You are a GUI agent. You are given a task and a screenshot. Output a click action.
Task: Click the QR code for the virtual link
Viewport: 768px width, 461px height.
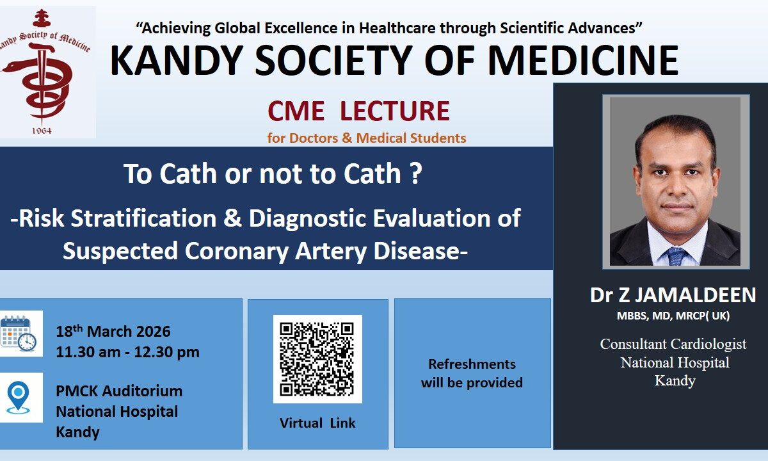tap(317, 359)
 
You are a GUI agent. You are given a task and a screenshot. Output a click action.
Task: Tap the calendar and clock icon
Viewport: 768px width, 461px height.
tap(19, 334)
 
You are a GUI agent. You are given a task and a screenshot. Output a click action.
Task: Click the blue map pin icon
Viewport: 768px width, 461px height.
tap(18, 397)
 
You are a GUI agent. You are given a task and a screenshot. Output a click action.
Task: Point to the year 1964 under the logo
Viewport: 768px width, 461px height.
tap(42, 131)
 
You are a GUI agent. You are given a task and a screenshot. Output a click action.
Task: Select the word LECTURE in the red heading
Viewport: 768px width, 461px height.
tap(395, 111)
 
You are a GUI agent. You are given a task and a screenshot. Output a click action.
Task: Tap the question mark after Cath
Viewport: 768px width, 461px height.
tap(415, 174)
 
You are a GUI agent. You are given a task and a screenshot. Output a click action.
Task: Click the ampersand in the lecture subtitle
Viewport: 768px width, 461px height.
tap(232, 218)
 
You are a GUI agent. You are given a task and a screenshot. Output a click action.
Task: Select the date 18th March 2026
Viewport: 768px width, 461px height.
tap(113, 331)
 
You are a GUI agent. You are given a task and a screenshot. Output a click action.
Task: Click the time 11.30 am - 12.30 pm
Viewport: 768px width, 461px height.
tap(127, 352)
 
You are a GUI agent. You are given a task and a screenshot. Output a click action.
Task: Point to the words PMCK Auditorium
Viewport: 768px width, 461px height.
tap(119, 391)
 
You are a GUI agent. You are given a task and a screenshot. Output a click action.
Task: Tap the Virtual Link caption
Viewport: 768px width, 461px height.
tap(317, 423)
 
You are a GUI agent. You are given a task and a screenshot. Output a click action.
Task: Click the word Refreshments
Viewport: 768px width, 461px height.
tap(472, 364)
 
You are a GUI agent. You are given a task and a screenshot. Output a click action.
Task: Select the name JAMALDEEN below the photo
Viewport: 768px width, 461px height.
tap(695, 295)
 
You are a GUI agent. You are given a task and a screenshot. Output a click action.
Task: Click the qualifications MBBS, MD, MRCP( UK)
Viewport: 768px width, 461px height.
tap(673, 316)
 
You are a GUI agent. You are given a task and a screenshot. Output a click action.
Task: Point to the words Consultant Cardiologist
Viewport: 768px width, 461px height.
tap(673, 344)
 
